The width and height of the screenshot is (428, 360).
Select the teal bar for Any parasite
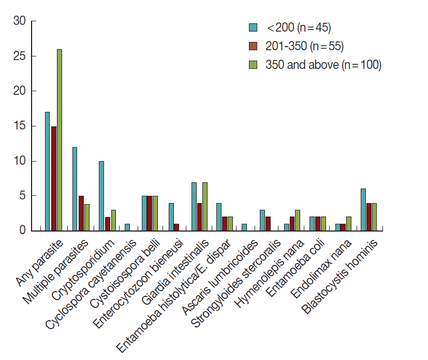pos(48,171)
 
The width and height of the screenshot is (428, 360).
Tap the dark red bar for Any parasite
pos(53,178)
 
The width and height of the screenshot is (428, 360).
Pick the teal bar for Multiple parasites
pos(75,189)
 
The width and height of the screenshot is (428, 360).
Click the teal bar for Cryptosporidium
pos(101,196)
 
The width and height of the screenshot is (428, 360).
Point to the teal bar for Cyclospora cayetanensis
pos(128,227)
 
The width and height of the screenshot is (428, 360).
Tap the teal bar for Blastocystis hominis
pos(363,210)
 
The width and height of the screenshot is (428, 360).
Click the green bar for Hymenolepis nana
pos(298,220)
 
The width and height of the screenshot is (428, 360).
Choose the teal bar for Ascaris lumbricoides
pos(244,227)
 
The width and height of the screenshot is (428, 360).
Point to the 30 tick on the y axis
pos(31,21)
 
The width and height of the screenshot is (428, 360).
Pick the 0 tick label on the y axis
pos(22,231)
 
